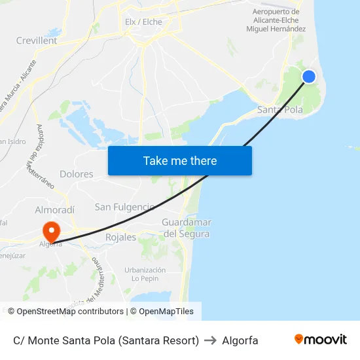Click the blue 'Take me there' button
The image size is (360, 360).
180,160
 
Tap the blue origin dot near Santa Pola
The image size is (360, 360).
309,77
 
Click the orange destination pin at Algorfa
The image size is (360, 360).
50,231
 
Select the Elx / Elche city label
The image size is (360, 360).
143,22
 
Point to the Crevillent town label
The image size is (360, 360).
37,41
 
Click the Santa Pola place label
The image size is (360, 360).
280,110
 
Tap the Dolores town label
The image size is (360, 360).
77,174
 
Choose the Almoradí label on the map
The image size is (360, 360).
55,209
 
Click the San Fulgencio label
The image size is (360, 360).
124,207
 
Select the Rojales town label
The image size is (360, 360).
120,238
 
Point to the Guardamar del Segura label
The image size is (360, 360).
186,228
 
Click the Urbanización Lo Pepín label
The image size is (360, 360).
145,274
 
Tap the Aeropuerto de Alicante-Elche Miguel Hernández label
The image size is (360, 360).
276,20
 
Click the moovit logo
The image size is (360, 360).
320,340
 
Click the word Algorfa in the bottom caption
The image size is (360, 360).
240,340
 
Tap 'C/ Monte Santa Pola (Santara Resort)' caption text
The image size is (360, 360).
106,340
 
